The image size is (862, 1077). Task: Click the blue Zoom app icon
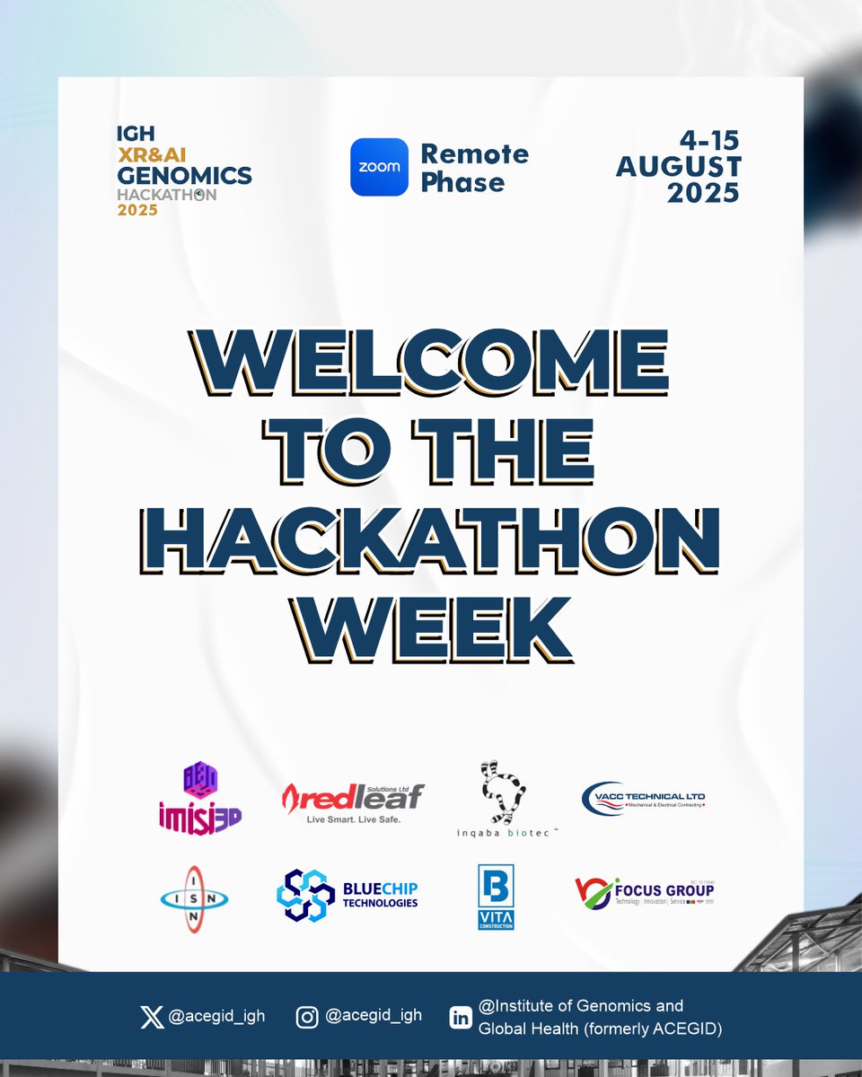(379, 167)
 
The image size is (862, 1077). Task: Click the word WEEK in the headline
(431, 626)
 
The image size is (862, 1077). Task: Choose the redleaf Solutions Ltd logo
(353, 796)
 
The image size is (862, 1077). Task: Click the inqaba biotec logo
(505, 799)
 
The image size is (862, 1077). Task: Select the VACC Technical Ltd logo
(644, 798)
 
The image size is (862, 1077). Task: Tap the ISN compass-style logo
(194, 897)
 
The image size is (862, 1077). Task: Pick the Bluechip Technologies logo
(347, 895)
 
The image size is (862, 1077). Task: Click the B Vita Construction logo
(496, 897)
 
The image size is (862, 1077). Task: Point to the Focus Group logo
(644, 892)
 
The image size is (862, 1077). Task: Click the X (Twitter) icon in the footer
(152, 1017)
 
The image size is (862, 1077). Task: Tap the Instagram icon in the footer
(307, 1017)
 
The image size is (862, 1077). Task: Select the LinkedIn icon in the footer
(461, 1018)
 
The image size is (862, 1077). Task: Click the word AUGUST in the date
(679, 167)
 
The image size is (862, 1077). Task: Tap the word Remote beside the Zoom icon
(474, 153)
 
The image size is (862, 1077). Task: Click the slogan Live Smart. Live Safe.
(353, 819)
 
